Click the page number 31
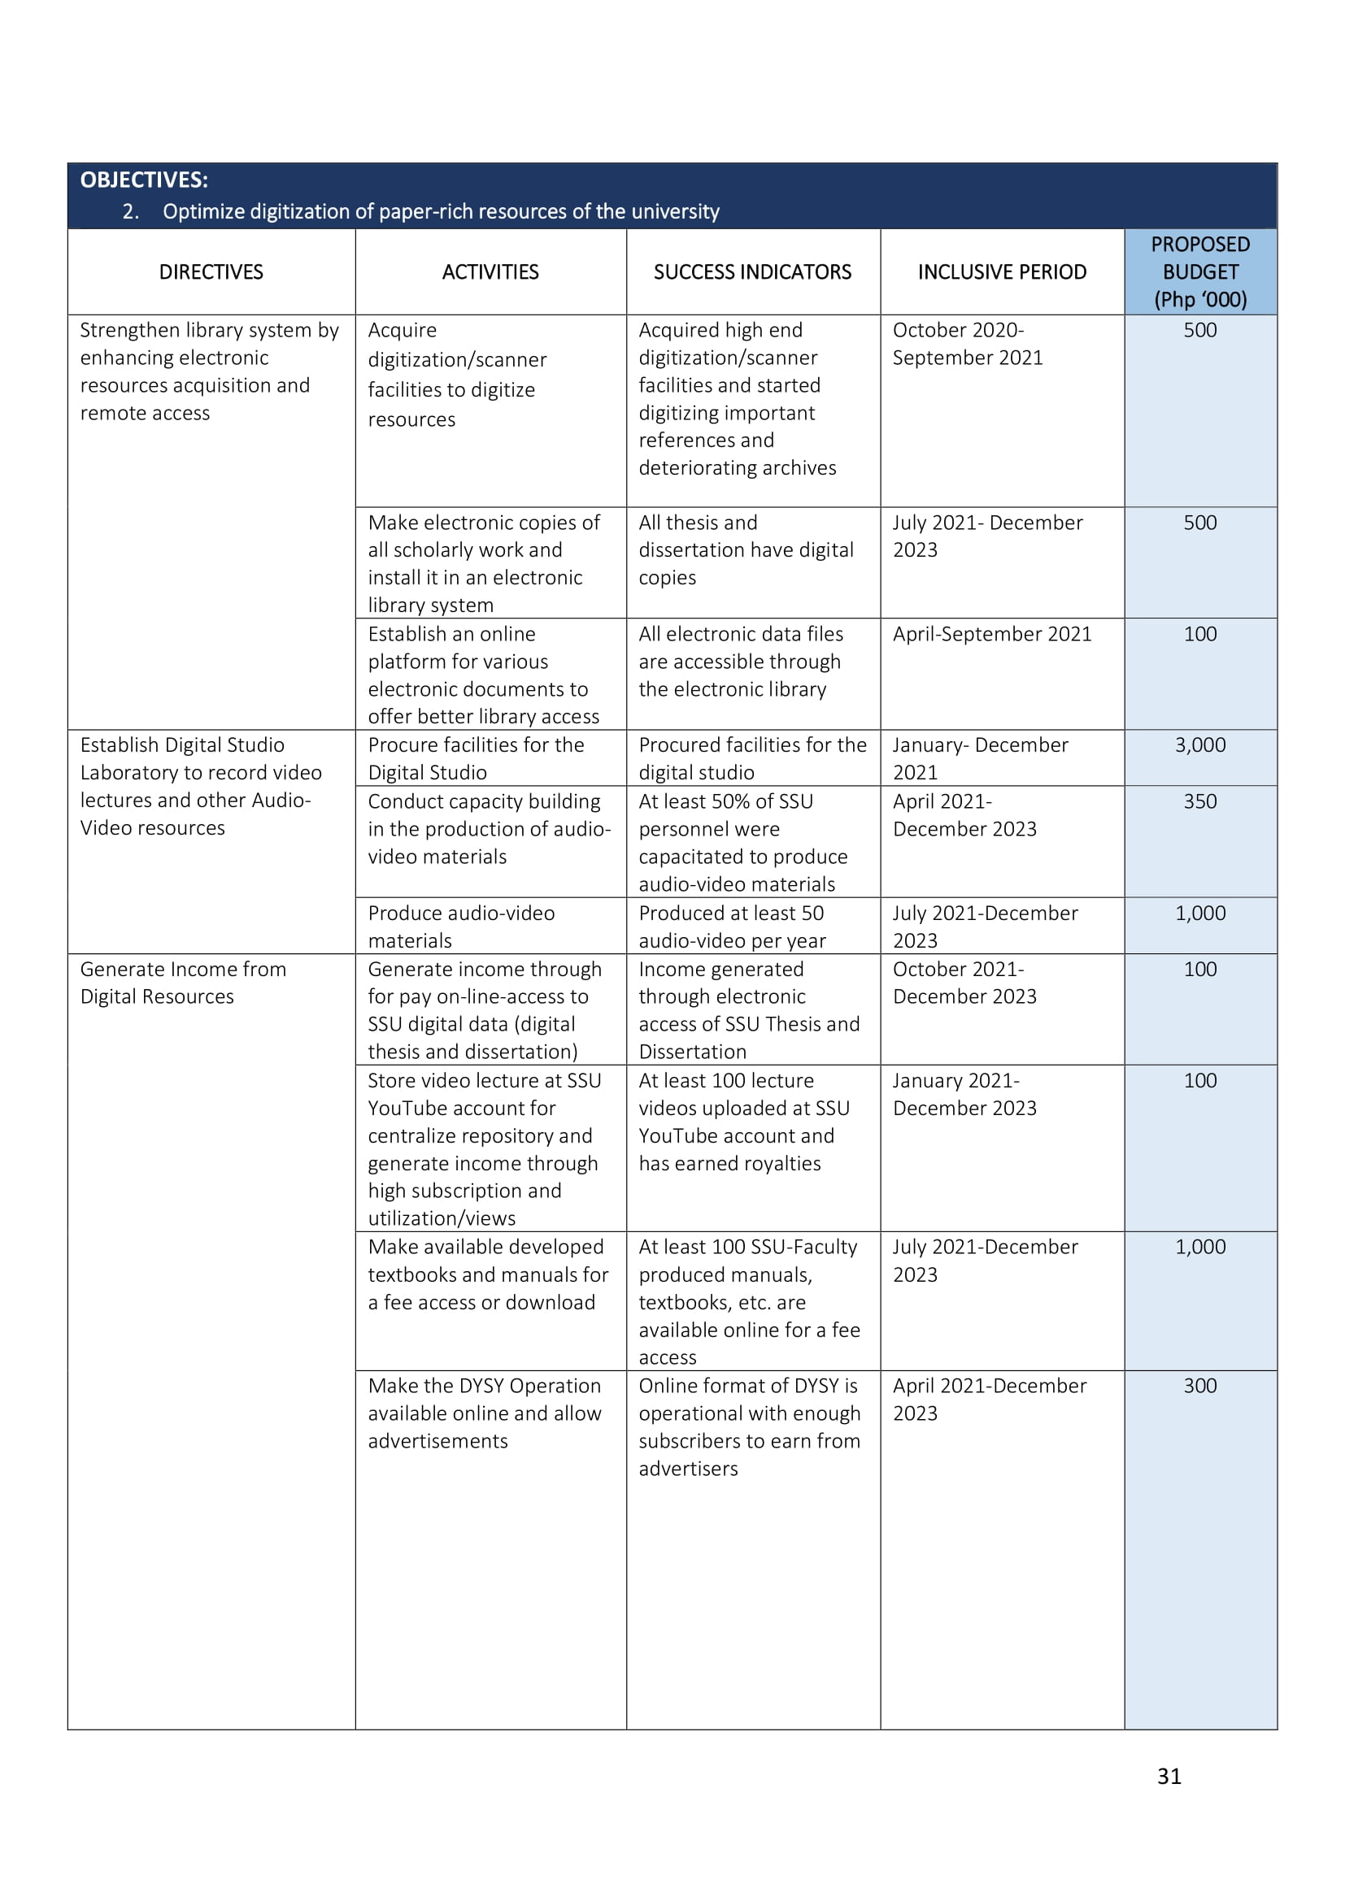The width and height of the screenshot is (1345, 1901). pos(1169,1775)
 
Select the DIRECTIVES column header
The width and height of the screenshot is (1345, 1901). pos(211,271)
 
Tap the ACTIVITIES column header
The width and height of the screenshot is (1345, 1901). pos(490,271)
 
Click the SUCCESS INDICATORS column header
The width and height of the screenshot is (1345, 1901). pos(752,271)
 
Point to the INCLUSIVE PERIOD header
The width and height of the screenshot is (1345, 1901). pos(1002,271)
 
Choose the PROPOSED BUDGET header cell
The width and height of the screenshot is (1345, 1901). pos(1200,271)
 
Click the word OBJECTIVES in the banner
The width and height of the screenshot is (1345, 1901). pos(143,180)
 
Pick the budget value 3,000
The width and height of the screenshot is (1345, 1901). pos(1200,744)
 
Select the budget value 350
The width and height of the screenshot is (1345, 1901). pos(1200,801)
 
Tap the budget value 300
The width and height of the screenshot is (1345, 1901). pos(1200,1385)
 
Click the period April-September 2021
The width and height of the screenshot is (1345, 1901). pos(991,633)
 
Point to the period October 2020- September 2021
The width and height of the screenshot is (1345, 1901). pos(967,344)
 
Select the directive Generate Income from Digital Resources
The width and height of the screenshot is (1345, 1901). pos(183,982)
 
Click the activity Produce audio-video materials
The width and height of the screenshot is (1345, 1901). pos(461,926)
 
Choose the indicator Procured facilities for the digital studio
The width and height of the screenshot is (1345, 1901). pos(752,757)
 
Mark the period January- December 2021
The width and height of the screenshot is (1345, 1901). pos(980,757)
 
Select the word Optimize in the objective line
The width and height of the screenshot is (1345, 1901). pos(203,211)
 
